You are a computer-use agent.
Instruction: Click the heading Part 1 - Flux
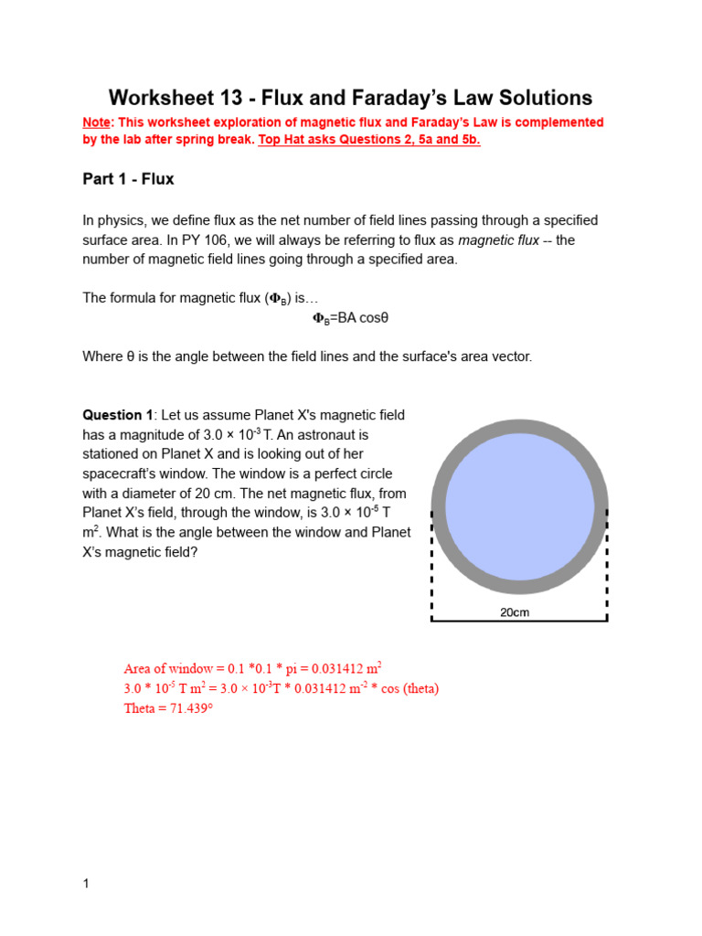[x=128, y=179]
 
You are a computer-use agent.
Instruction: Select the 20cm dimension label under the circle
[x=515, y=612]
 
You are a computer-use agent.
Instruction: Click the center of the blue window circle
[x=519, y=505]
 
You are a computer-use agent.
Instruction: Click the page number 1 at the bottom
[x=86, y=884]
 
